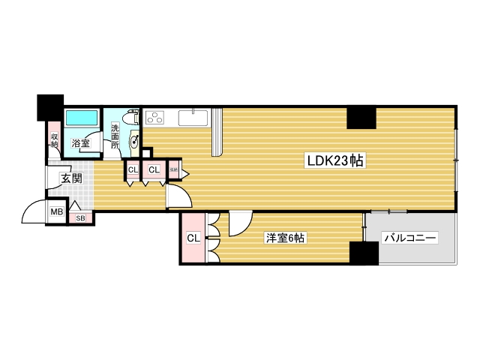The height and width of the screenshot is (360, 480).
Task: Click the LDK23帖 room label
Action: [334, 160]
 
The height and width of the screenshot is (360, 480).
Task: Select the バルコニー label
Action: [409, 238]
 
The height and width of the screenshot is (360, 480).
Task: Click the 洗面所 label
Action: [115, 134]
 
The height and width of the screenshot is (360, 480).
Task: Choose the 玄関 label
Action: [71, 178]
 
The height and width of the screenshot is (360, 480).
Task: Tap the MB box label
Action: [57, 212]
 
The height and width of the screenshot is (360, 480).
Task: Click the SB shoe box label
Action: [80, 217]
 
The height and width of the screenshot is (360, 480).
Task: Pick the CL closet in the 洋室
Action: [193, 238]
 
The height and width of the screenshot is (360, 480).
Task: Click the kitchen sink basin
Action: [194, 118]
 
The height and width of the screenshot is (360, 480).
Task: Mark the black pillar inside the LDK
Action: [361, 118]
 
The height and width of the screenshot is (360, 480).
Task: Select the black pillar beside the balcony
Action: [364, 253]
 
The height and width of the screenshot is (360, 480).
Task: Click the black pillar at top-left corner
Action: [50, 106]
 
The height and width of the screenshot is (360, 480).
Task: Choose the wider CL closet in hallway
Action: [154, 170]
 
